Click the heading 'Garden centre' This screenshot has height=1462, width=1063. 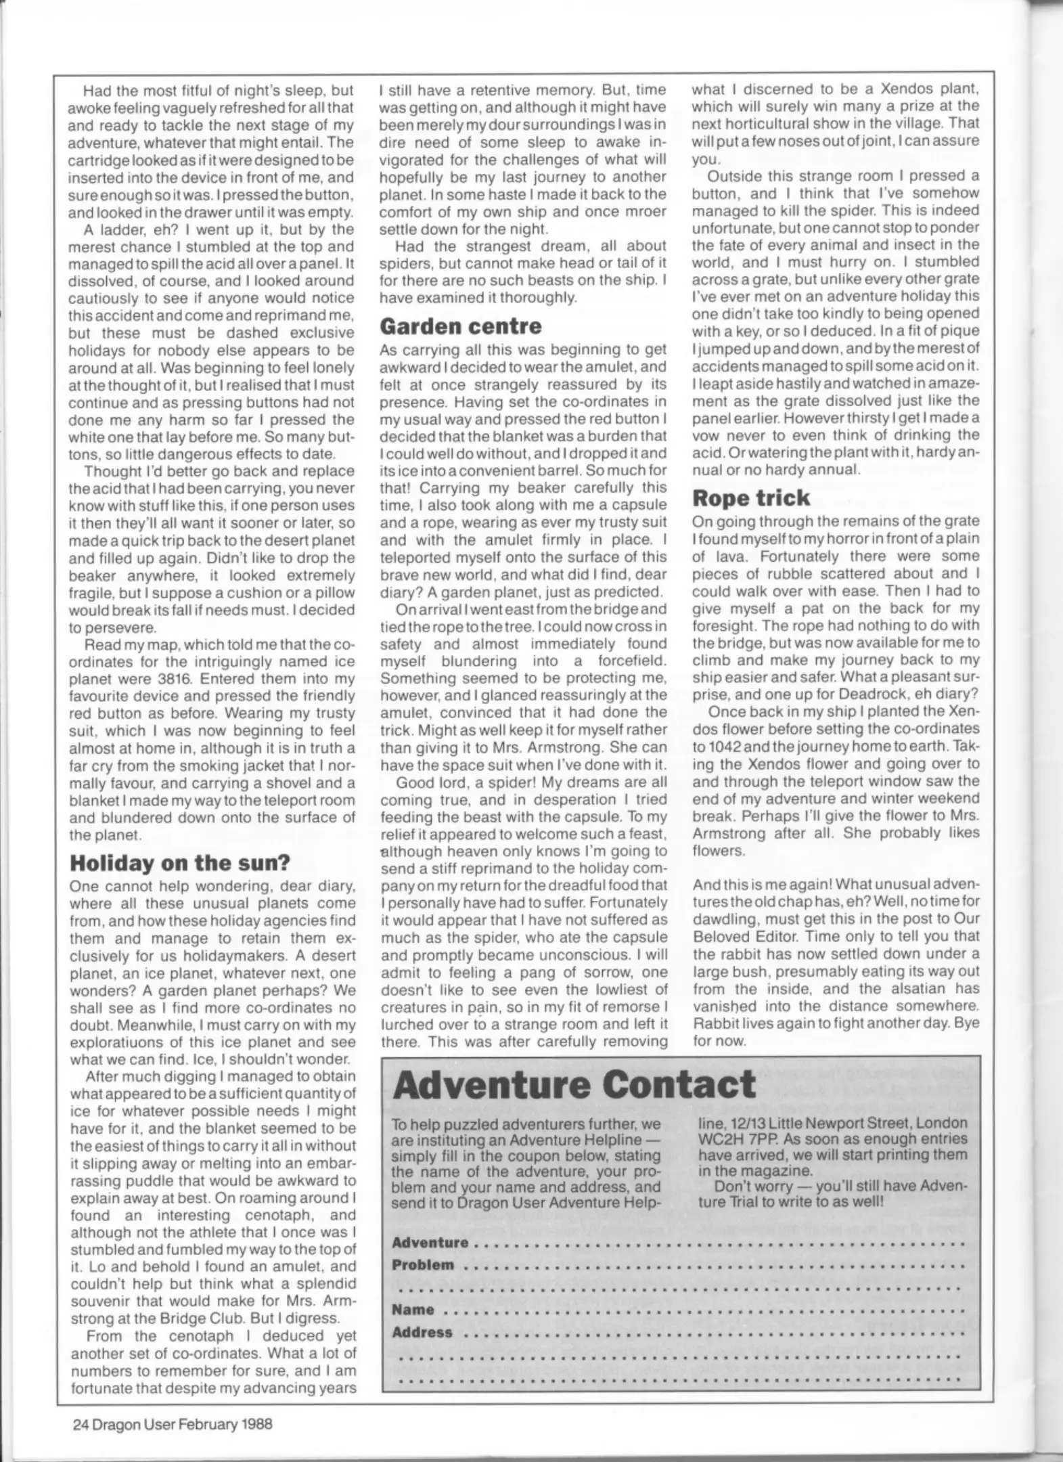click(x=460, y=326)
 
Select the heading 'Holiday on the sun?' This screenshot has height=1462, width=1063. click(x=180, y=863)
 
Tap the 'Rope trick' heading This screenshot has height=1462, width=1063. click(x=751, y=497)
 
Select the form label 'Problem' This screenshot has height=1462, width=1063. click(x=423, y=1265)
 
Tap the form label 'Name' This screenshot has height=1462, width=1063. click(x=413, y=1309)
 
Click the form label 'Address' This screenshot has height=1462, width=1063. click(x=422, y=1332)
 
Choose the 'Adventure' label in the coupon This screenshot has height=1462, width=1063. click(x=430, y=1243)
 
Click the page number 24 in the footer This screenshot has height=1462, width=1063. click(x=81, y=1423)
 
